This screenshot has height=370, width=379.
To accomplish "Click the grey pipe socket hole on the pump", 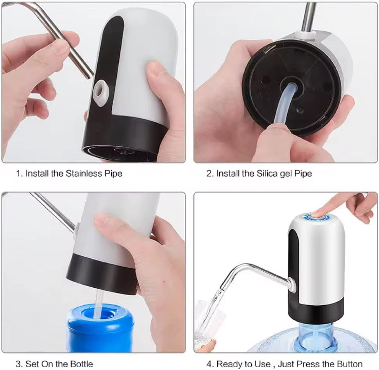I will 101,92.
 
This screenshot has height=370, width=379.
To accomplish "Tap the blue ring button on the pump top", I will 316,216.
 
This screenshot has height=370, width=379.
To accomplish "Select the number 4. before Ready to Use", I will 210,364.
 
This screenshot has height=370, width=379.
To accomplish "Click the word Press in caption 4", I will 308,364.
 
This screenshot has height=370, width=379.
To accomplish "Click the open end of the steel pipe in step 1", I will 90,74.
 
